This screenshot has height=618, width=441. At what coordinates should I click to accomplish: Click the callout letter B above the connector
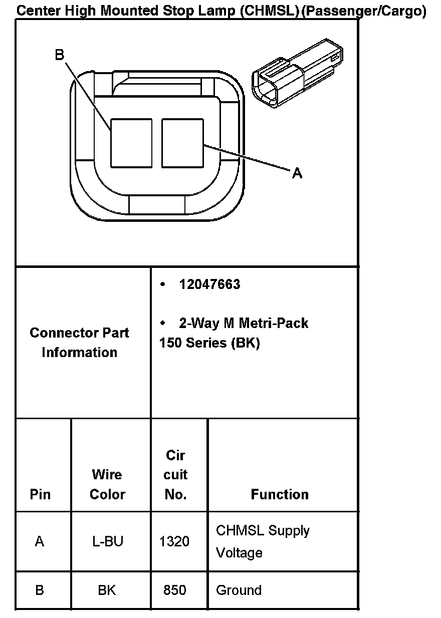[x=60, y=55]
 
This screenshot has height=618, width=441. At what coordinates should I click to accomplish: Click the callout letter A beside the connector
[x=297, y=173]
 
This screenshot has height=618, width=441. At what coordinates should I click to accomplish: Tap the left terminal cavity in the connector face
[x=131, y=143]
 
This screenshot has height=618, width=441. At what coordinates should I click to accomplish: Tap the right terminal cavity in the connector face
[x=182, y=143]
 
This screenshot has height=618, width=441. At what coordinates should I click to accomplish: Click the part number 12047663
[x=209, y=284]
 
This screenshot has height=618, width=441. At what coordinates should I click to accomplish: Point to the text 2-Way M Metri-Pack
[x=244, y=323]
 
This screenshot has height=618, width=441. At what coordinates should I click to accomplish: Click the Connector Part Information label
[x=79, y=343]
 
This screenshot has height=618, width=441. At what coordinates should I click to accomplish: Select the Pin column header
[x=40, y=494]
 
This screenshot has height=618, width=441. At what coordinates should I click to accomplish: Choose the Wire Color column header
[x=107, y=484]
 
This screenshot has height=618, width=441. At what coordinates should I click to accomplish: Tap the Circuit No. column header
[x=175, y=475]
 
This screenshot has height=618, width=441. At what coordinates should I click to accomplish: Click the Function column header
[x=280, y=494]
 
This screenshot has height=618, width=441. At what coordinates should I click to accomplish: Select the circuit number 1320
[x=174, y=541]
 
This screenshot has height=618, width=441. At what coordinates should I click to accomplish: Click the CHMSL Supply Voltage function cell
[x=263, y=541]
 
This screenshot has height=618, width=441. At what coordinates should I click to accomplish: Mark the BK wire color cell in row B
[x=107, y=590]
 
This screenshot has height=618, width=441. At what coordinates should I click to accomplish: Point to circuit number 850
[x=175, y=590]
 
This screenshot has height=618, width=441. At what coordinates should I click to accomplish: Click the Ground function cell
[x=239, y=590]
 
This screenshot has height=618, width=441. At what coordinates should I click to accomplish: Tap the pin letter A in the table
[x=40, y=541]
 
